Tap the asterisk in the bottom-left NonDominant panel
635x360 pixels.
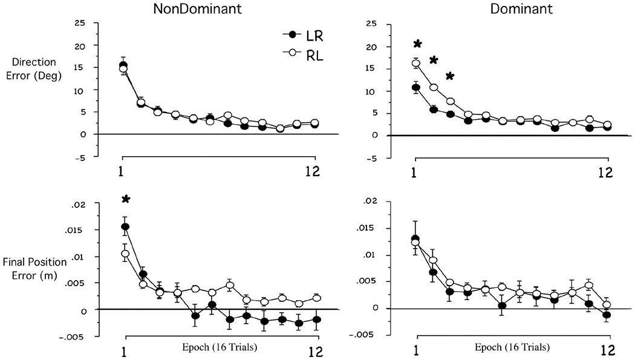(125, 200)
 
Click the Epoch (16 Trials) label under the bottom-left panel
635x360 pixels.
(219, 347)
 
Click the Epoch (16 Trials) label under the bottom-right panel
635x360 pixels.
(513, 347)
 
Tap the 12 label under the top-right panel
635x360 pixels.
(605, 172)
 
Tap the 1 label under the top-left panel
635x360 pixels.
(122, 171)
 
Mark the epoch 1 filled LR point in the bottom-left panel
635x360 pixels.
(125, 227)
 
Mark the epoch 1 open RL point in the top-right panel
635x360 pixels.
(416, 63)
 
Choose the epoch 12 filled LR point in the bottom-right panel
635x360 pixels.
(607, 315)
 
